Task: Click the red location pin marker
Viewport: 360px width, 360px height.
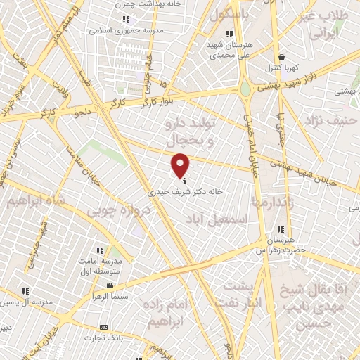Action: point(181,166)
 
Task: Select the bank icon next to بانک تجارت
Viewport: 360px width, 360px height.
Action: point(104,327)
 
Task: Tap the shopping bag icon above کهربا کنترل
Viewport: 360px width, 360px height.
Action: point(281,58)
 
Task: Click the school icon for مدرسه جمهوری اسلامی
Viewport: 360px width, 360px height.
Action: point(126,20)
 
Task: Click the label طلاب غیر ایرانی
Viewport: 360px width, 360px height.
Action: point(330,25)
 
